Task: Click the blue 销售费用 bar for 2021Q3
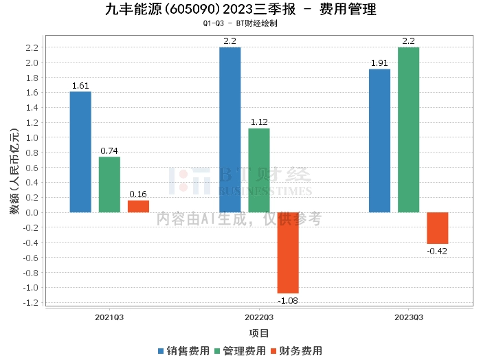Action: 80,152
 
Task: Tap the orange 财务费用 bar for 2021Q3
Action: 138,206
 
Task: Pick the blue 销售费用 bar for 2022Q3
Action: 230,130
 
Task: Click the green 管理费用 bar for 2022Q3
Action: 259,170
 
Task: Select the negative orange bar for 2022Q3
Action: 288,253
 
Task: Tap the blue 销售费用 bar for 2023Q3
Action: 379,141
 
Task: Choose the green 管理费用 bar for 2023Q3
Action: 408,130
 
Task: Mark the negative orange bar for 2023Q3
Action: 437,228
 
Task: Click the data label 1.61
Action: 80,86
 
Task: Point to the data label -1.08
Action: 288,300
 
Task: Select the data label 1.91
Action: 379,63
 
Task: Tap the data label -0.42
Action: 437,251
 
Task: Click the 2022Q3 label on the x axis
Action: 259,317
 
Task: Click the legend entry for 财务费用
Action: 297,350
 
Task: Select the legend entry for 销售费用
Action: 184,350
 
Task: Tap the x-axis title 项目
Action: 259,333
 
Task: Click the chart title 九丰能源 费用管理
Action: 240,10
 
